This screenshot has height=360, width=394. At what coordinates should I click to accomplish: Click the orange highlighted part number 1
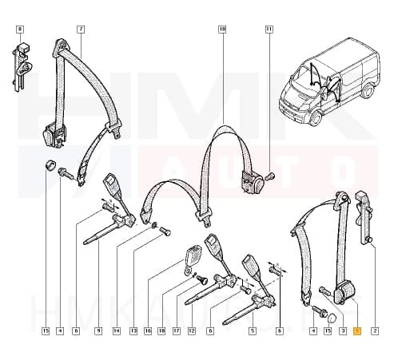point(358,330)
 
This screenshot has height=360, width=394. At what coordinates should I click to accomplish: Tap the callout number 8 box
point(19,29)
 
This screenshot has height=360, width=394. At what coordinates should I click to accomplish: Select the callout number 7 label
point(80,29)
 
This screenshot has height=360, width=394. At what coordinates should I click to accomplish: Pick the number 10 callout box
point(221,29)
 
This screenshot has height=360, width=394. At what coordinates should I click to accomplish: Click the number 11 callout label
point(269,29)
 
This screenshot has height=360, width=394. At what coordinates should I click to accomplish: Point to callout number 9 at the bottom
point(98,330)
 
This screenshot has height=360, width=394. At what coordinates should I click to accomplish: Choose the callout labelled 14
point(117,330)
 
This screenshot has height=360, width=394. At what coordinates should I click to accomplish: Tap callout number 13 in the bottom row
point(133,330)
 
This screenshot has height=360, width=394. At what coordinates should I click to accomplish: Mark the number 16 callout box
point(148,330)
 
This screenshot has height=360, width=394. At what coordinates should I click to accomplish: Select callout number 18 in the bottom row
point(161,330)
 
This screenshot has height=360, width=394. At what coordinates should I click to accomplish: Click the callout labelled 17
point(176,330)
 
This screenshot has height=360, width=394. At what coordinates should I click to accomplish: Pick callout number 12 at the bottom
point(191,330)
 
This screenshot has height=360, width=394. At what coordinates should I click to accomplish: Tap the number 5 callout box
point(252,330)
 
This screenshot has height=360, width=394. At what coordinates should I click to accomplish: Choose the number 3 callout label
point(343,330)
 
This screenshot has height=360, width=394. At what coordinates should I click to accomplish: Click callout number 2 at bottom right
point(374,330)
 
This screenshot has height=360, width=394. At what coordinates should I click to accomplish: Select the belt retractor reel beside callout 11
point(258,184)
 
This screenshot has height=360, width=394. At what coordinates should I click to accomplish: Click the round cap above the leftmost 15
point(50,167)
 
